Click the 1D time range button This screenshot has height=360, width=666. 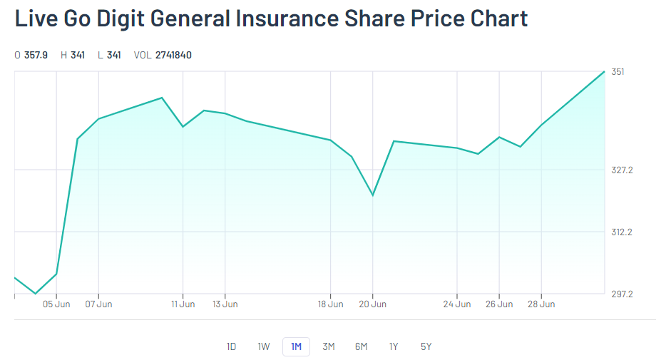(x=231, y=347)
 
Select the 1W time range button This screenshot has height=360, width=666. (x=264, y=347)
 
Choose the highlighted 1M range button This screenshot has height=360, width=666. (x=296, y=347)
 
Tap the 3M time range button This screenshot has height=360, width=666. (x=329, y=347)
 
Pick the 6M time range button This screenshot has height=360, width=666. (x=361, y=347)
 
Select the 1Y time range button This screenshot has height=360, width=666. (x=394, y=347)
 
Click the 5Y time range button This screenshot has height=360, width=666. (x=426, y=347)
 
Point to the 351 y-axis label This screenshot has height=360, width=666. (x=618, y=72)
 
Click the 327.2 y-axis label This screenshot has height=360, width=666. (x=622, y=170)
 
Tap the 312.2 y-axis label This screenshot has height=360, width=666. (x=622, y=232)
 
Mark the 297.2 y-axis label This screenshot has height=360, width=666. (x=622, y=294)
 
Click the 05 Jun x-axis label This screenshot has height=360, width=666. (x=57, y=304)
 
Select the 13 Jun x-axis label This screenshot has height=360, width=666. (x=225, y=304)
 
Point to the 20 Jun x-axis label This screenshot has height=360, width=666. (x=373, y=304)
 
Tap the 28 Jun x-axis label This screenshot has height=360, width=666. (x=541, y=304)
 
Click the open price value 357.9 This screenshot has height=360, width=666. (x=36, y=55)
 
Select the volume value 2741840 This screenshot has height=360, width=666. (x=173, y=55)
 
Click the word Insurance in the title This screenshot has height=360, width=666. (x=286, y=19)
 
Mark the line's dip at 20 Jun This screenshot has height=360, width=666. (x=373, y=195)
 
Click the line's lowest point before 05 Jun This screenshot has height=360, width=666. (x=36, y=293)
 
